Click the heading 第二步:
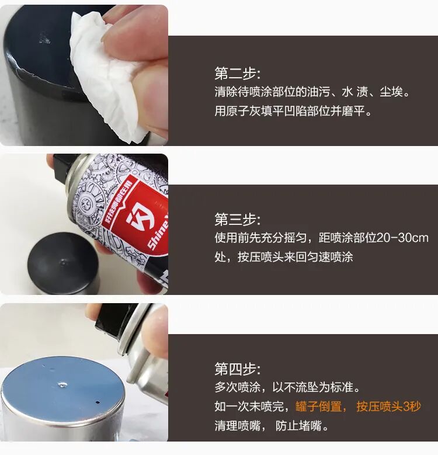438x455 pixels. pos(238,74)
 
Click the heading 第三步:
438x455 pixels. pos(238,220)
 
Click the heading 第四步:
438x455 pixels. pos(238,369)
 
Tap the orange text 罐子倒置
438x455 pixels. pos(318,407)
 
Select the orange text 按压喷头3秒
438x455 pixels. pos(389,407)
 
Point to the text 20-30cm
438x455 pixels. pos(402,238)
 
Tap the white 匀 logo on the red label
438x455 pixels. pos(139,216)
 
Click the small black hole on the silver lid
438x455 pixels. pos(97,403)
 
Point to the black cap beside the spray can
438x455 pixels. pos(64,263)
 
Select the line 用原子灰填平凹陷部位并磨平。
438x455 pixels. pos(293,111)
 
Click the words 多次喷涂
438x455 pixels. pos(238,387)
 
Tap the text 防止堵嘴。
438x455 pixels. pos(303,426)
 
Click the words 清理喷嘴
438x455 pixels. pos(238,426)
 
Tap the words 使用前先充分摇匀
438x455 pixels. pos(261,238)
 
